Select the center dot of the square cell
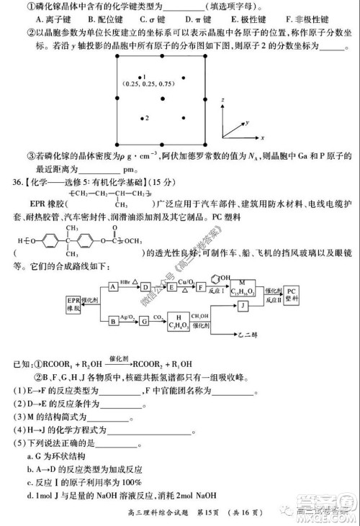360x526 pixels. pos(163,96)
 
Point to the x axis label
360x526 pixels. pos(263,137)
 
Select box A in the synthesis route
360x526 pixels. pos(113,286)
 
